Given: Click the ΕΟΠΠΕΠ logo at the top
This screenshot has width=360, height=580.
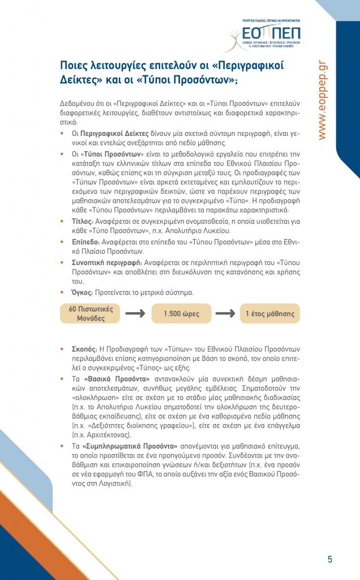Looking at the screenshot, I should point(271,33).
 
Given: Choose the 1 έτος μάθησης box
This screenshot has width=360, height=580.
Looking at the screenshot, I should point(269,314).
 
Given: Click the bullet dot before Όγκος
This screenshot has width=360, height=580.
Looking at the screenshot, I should point(62,293).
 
